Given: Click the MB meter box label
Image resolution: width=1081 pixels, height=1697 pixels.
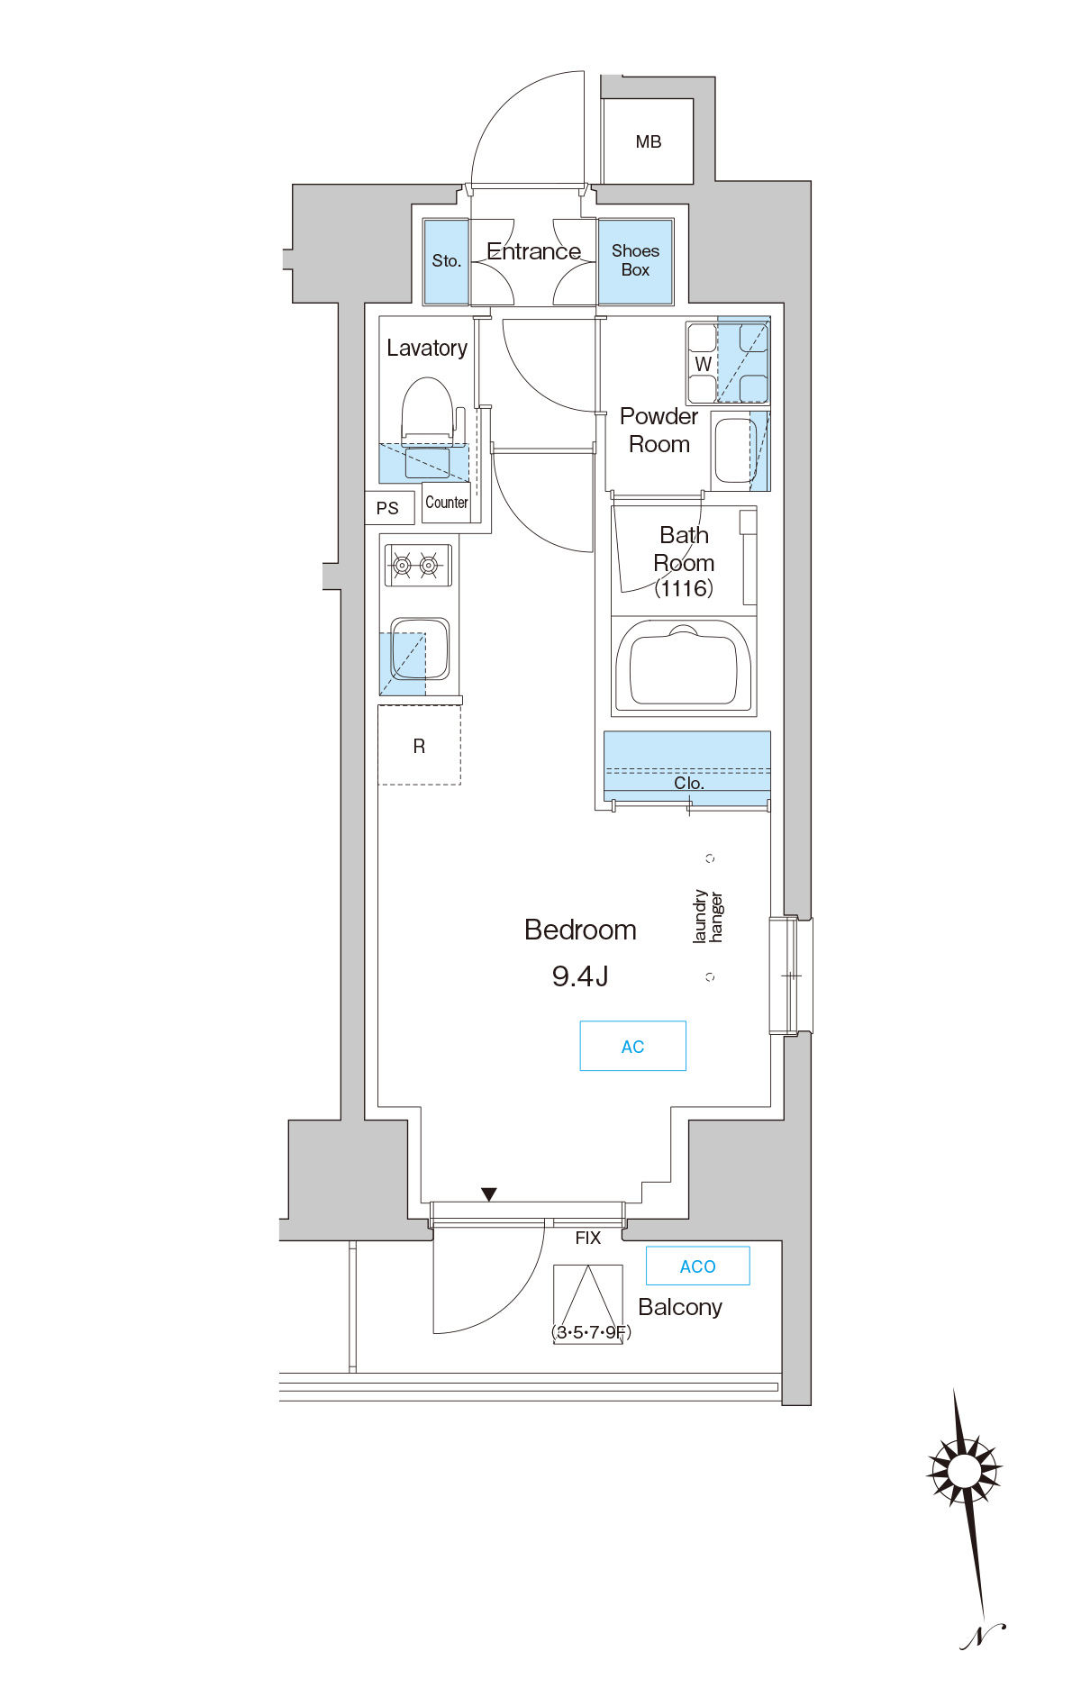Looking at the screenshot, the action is (x=649, y=141).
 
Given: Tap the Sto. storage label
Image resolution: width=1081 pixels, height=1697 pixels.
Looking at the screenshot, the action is (x=447, y=260).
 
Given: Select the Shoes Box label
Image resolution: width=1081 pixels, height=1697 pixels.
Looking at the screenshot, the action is (x=635, y=260).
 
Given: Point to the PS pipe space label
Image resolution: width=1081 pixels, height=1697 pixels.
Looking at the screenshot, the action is (x=387, y=508).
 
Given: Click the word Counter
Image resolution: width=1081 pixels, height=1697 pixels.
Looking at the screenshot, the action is (x=447, y=503).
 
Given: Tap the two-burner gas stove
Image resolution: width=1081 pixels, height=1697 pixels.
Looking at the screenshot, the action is (x=416, y=565).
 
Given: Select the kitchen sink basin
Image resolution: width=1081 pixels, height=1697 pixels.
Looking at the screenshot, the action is (x=420, y=649).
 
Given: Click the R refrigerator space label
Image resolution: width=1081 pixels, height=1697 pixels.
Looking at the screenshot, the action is (x=419, y=746).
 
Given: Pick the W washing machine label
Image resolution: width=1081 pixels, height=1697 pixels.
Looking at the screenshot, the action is (x=704, y=364).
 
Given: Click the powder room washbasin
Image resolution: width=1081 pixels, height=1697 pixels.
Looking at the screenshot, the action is (x=734, y=450).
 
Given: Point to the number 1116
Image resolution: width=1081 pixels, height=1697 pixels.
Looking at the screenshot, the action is (x=684, y=588).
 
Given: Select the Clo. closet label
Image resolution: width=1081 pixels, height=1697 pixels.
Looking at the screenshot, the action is (x=689, y=783).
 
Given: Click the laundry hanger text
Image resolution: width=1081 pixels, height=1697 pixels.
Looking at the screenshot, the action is (x=707, y=917).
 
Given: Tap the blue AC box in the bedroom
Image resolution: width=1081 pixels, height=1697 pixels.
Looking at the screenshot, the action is (x=633, y=1046).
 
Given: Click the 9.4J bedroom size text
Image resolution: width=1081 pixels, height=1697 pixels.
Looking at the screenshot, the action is (x=580, y=976).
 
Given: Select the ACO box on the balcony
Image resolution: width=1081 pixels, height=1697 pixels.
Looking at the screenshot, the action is (x=698, y=1266).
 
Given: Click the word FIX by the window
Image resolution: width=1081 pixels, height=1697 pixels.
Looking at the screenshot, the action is (x=588, y=1238).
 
